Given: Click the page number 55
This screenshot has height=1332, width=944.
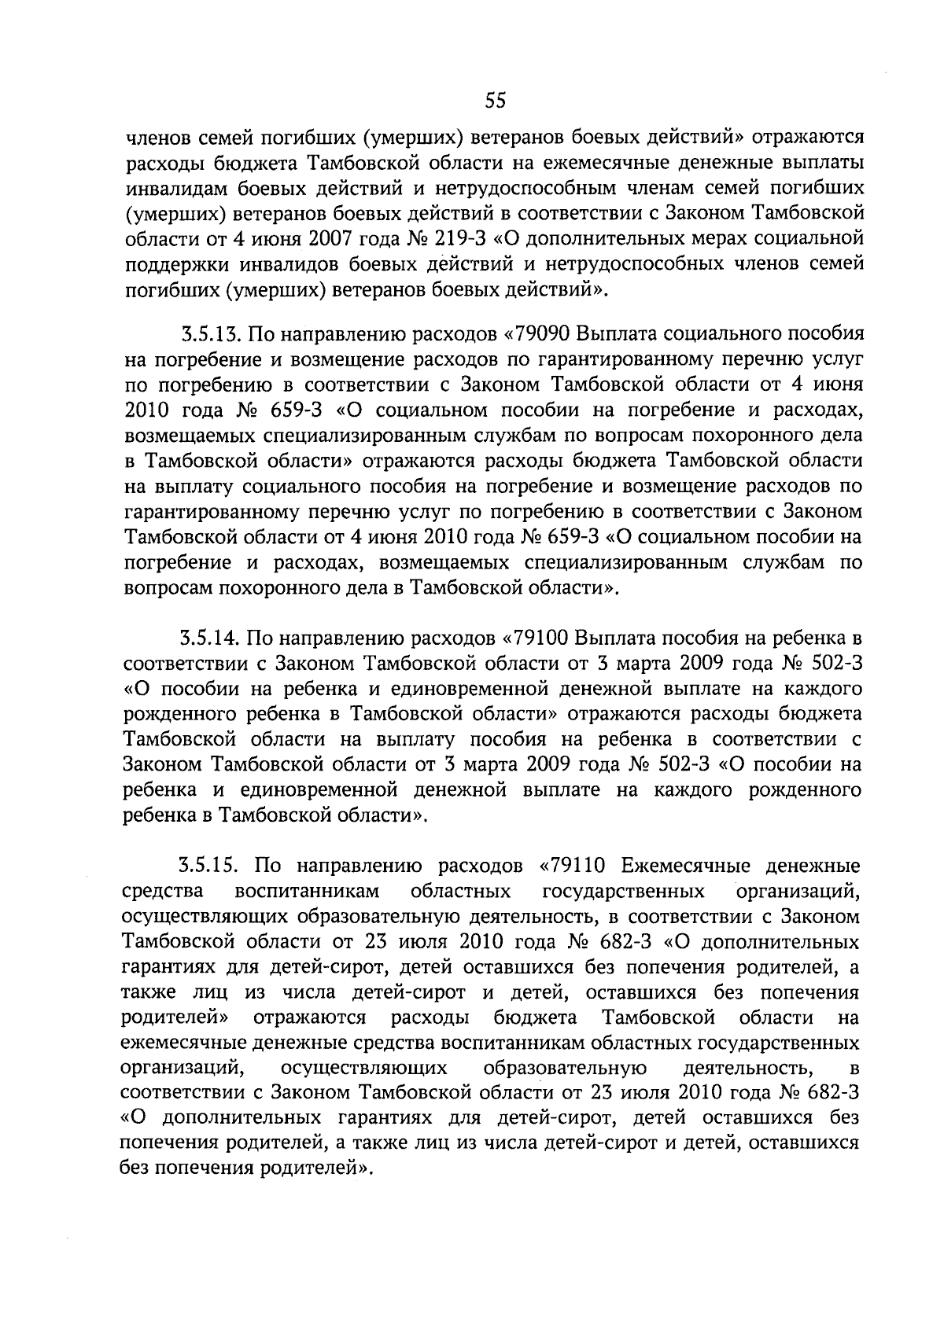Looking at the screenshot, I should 495,100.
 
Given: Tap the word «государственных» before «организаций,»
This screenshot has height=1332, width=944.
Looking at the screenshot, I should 623,892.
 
